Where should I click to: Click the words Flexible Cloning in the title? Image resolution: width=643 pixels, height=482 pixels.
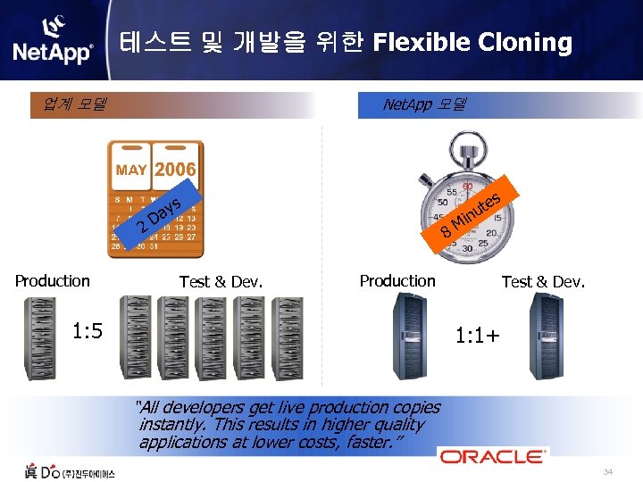(x=472, y=42)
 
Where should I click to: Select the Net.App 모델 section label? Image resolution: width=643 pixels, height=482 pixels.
(x=424, y=104)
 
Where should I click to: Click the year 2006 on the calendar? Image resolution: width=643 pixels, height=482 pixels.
(x=175, y=169)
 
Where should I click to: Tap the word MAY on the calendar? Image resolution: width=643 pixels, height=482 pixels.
(x=131, y=170)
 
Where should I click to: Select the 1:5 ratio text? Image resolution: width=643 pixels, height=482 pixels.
(x=88, y=331)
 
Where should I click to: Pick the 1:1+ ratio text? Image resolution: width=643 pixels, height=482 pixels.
(x=478, y=337)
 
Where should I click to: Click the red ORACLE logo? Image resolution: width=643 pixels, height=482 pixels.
(x=492, y=456)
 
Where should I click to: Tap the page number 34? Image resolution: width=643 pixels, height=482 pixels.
(x=608, y=472)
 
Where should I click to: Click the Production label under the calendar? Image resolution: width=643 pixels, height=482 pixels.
(x=53, y=281)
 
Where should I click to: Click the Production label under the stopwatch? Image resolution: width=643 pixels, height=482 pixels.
(x=397, y=281)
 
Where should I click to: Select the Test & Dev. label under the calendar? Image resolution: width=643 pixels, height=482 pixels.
(x=221, y=282)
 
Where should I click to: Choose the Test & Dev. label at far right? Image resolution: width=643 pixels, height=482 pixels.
(x=543, y=282)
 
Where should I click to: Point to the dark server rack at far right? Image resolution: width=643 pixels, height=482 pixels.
(x=548, y=335)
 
